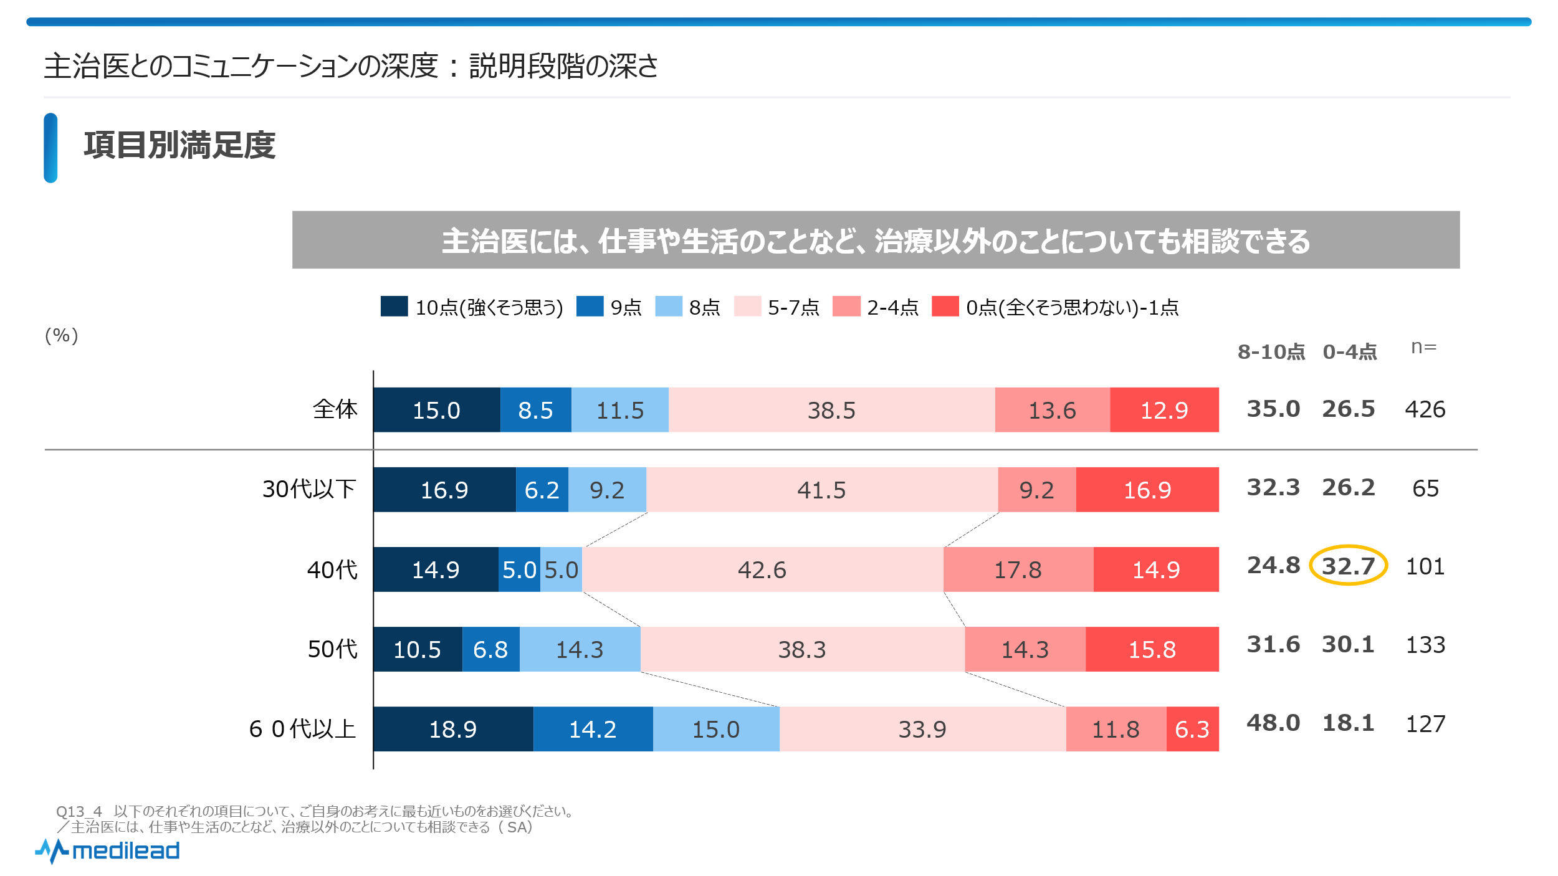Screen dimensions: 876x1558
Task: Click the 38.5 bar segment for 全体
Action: tap(831, 410)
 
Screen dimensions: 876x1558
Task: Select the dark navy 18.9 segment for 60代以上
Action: tap(453, 729)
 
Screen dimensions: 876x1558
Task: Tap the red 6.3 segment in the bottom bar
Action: tap(1192, 729)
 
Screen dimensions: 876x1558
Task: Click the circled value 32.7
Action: tap(1348, 566)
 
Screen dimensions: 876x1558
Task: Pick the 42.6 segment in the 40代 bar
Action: tap(762, 569)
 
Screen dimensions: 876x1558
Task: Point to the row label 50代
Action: tap(332, 649)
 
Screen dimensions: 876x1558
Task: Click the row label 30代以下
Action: tap(309, 489)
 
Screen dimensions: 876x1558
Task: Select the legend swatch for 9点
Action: tap(590, 307)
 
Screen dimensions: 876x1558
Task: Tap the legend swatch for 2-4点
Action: tap(846, 307)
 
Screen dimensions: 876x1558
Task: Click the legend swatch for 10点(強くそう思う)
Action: tap(394, 307)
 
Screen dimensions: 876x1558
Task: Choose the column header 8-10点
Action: tap(1271, 352)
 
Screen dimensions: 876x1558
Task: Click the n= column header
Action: tap(1423, 347)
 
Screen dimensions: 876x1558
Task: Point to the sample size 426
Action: tap(1425, 409)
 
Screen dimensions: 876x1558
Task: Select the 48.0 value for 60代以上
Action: tap(1273, 723)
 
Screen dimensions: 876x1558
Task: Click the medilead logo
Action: tap(108, 850)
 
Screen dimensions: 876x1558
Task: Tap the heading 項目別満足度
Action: tap(179, 146)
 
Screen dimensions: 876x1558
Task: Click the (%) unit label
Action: tap(61, 335)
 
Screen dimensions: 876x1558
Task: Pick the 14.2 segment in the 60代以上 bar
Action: tap(593, 729)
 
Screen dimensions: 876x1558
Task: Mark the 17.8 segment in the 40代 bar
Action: tap(1018, 569)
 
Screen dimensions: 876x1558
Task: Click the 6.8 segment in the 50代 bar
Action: tap(490, 649)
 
